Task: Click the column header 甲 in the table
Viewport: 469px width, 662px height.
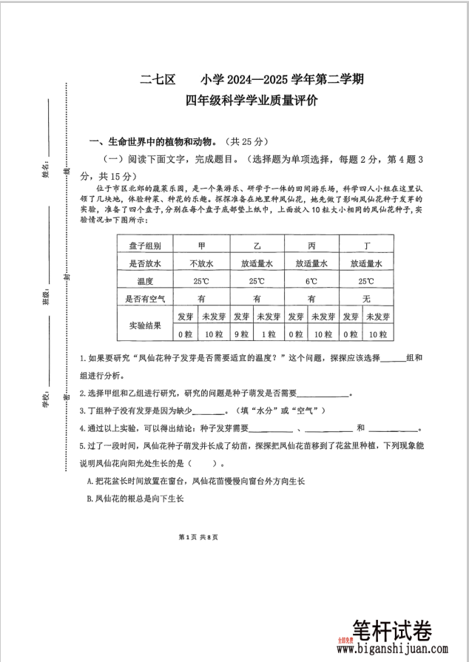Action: click(x=201, y=245)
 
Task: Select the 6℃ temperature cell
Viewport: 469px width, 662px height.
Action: click(x=311, y=281)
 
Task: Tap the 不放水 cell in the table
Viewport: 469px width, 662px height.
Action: click(x=201, y=263)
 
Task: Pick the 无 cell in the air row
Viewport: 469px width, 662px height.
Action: click(x=365, y=299)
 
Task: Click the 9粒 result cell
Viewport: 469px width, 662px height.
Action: click(x=241, y=334)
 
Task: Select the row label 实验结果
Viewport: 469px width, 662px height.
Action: click(x=145, y=325)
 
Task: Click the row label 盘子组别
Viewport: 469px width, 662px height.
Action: click(x=145, y=245)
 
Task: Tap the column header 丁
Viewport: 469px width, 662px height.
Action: click(x=365, y=245)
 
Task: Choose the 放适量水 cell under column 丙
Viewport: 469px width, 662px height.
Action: click(x=311, y=263)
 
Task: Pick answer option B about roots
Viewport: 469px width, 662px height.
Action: click(x=135, y=499)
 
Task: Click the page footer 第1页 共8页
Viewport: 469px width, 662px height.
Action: click(x=198, y=537)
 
